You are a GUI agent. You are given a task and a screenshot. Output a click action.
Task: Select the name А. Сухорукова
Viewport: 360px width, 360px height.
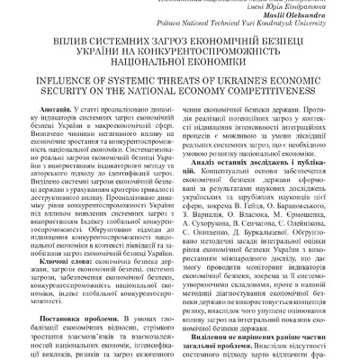pyautogui.click(x=219, y=222)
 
